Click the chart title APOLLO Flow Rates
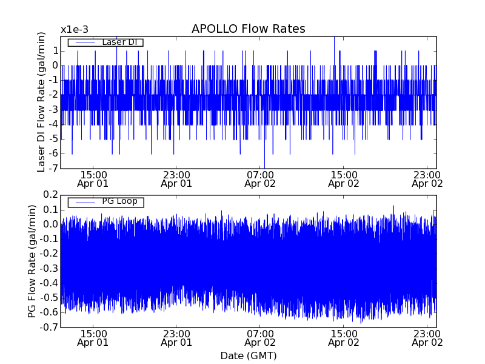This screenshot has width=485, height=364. (248, 29)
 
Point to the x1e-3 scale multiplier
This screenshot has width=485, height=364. (75, 30)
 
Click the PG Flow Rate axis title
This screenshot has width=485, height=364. (32, 261)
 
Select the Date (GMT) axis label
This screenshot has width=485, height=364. (248, 356)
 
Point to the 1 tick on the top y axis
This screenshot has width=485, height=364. (54, 51)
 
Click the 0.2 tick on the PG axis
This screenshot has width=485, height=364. (50, 195)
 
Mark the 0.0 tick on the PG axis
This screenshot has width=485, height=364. (50, 224)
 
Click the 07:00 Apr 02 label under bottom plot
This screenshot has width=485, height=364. (260, 339)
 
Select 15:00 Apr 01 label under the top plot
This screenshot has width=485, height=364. (93, 179)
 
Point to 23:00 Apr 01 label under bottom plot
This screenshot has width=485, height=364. (176, 339)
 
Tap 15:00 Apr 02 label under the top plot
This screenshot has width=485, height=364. (344, 179)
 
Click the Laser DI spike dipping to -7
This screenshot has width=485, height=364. (264, 165)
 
